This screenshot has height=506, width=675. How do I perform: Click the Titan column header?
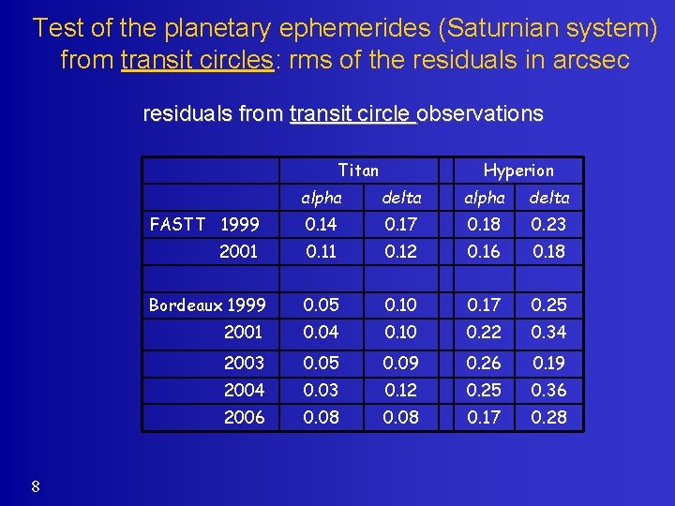[x=358, y=170]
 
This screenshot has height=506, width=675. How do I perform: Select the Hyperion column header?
[x=517, y=170]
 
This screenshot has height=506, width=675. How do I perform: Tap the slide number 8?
[x=35, y=485]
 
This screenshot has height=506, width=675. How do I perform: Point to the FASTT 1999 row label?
[x=203, y=224]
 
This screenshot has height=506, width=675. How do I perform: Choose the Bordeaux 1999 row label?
[x=207, y=305]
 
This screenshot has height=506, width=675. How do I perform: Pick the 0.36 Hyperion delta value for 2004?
[x=548, y=390]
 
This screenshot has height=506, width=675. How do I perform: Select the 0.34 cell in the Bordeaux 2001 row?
[x=548, y=332]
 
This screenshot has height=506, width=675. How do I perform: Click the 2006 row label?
[x=244, y=417]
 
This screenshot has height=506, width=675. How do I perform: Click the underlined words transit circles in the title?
[x=198, y=60]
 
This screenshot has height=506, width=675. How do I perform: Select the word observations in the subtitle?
[x=480, y=113]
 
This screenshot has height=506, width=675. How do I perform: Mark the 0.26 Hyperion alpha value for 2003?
[x=485, y=363]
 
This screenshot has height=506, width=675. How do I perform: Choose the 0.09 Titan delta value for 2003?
[x=400, y=363]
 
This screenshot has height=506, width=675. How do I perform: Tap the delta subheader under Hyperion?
[x=548, y=197]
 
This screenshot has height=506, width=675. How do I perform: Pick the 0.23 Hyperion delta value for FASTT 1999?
[x=548, y=224]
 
